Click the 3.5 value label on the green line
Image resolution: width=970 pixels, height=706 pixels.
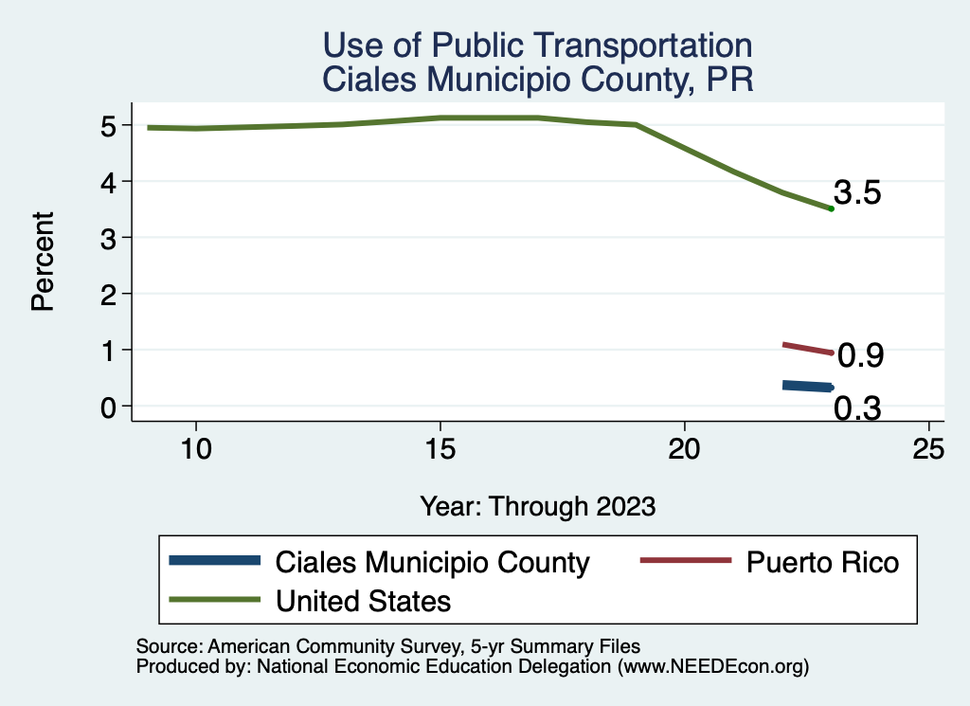point(857,193)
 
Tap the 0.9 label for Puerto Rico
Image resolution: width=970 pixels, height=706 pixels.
point(861,355)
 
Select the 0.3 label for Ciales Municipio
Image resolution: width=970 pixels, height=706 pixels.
point(857,408)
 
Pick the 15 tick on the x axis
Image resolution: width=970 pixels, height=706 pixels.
point(440,448)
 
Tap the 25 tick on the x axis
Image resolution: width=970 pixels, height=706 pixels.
point(929,448)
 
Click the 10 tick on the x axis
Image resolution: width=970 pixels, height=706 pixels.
point(196,448)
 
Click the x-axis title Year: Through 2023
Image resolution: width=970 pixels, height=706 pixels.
point(538,506)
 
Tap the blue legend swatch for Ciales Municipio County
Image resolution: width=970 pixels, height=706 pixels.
point(213,561)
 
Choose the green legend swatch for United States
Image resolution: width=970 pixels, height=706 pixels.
point(213,600)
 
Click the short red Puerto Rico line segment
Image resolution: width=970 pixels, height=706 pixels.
point(807,348)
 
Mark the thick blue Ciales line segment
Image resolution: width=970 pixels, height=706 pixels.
point(807,386)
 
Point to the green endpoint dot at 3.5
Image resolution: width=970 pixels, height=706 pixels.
point(831,208)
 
